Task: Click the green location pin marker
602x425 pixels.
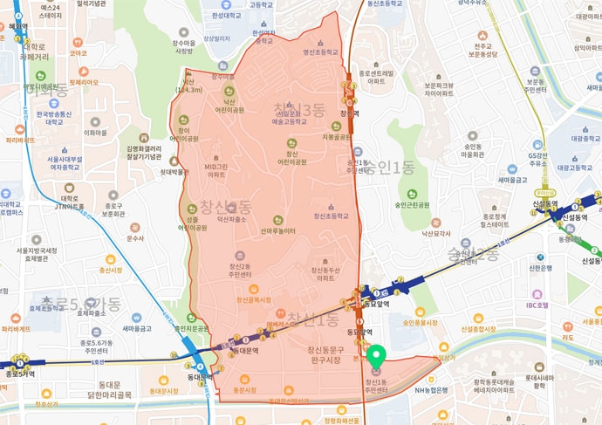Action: pyautogui.click(x=376, y=357)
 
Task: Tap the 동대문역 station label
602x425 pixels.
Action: pyautogui.click(x=202, y=378)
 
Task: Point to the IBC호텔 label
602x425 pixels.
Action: pyautogui.click(x=530, y=305)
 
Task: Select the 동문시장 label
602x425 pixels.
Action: pyautogui.click(x=247, y=390)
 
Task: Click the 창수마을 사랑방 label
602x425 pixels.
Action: pyautogui.click(x=183, y=46)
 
